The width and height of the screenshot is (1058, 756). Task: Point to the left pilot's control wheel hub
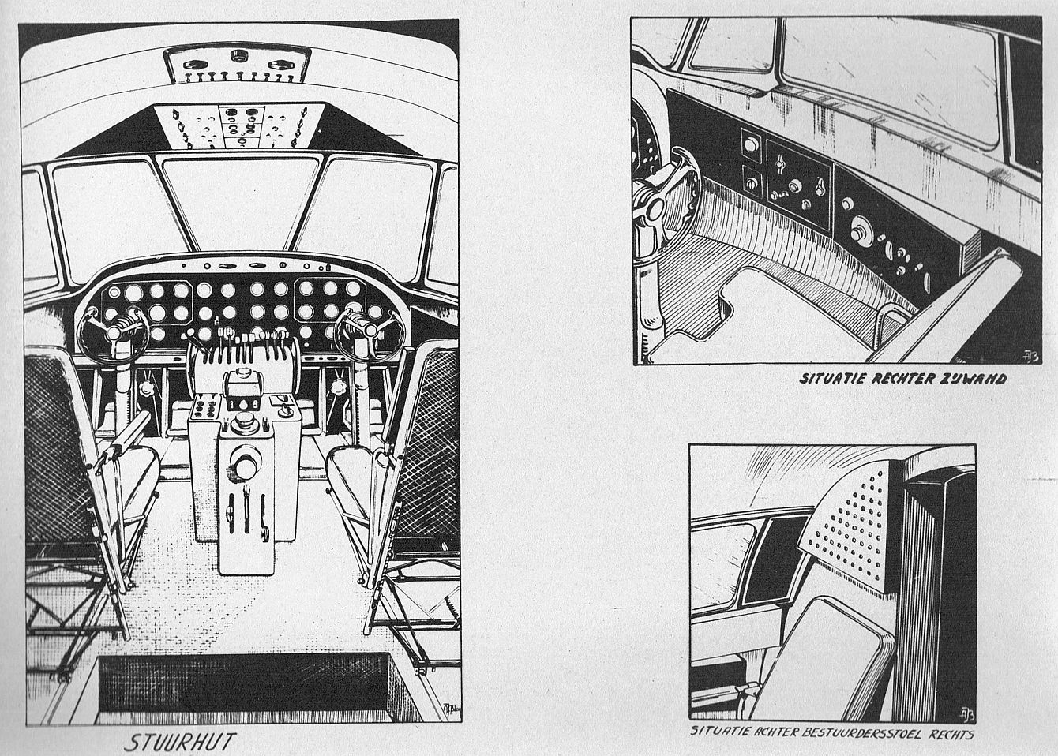tap(114, 333)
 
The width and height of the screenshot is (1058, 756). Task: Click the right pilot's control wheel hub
tap(370, 330)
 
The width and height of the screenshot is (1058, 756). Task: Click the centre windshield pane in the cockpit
tap(241, 204)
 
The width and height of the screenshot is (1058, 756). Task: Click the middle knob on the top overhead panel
tap(240, 56)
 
